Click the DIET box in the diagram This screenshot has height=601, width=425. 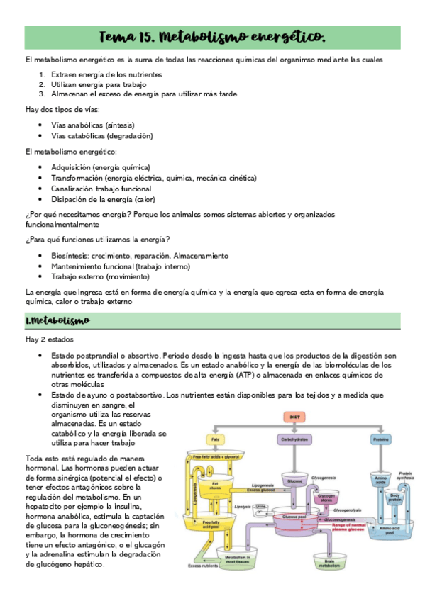[x=294, y=418]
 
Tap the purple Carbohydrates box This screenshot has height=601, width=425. [x=294, y=440]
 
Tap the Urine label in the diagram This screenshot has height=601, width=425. [x=261, y=507]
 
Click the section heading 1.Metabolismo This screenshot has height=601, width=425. [x=57, y=320]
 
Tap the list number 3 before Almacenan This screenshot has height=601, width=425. [x=42, y=94]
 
